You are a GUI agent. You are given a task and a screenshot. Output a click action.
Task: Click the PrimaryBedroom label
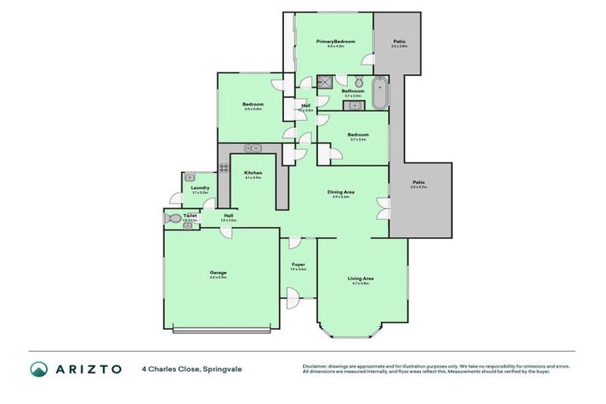[335, 41]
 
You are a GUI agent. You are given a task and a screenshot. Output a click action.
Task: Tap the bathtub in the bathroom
[380, 93]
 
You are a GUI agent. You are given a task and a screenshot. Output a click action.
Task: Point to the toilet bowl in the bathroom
[357, 82]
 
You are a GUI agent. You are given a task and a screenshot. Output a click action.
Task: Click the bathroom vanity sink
[356, 105]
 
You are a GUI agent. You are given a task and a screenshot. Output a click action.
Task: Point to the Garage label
[218, 272]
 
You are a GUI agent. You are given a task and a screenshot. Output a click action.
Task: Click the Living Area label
[361, 279]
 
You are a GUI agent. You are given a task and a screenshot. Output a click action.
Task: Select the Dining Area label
[339, 192]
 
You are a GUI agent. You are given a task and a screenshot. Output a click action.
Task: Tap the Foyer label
[298, 264]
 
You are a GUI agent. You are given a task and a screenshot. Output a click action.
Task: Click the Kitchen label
[252, 173]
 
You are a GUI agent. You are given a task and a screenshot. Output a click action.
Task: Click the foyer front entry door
[293, 297]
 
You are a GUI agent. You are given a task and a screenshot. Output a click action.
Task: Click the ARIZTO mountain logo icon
[39, 368]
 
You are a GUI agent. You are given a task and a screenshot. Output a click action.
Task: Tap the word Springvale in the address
[226, 368]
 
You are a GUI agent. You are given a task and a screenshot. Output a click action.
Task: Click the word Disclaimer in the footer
[316, 366]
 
